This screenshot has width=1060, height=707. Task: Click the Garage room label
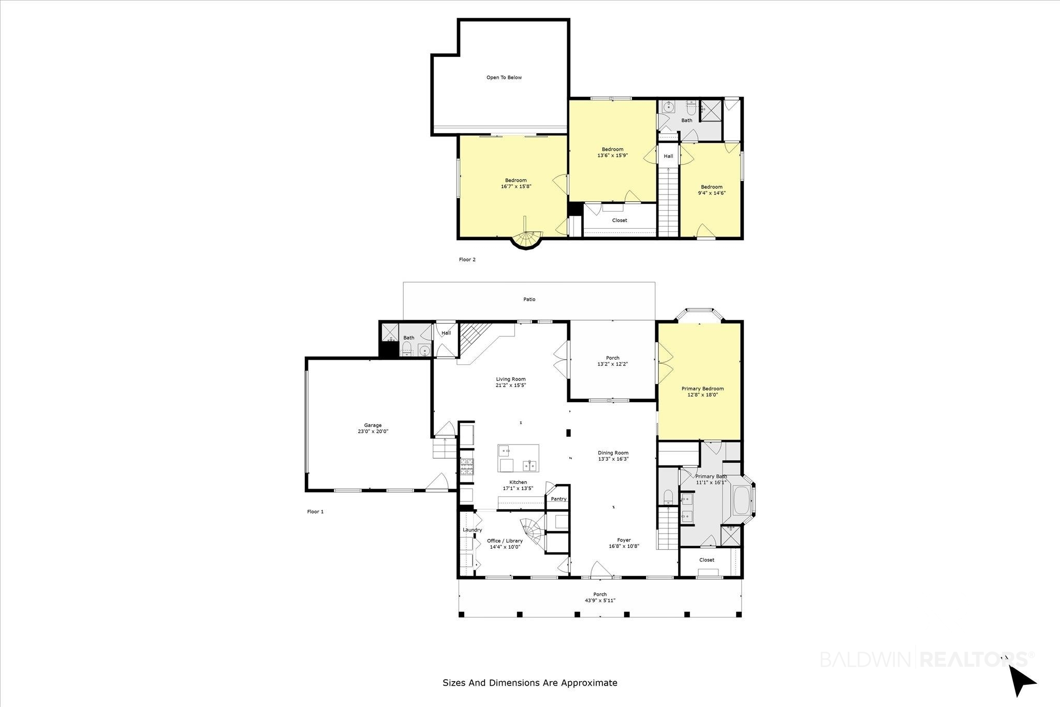[373, 425]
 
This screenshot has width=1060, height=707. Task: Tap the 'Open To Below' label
[504, 78]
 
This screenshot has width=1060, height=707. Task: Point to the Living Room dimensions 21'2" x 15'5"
[510, 385]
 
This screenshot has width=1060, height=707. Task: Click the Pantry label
[558, 499]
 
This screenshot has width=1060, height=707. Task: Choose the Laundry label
[472, 530]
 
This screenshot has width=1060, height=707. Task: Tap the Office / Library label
[505, 541]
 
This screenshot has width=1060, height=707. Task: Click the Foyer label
[624, 540]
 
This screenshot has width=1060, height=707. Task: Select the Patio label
[529, 299]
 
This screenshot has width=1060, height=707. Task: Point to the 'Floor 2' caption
[467, 260]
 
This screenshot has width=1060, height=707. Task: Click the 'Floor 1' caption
[315, 512]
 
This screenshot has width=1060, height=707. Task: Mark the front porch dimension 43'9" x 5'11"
[600, 600]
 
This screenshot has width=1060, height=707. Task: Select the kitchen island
[518, 458]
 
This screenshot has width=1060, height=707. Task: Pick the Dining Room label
[613, 453]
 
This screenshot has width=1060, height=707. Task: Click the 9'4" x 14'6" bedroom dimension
[712, 193]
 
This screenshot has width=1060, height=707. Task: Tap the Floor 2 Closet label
[620, 220]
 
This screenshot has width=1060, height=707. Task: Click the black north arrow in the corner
[1021, 681]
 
